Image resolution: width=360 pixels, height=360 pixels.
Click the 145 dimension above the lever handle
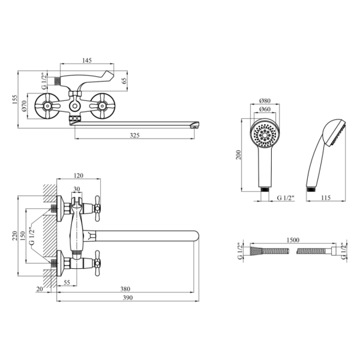tap(87, 61)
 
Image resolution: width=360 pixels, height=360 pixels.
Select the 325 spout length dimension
tap(135, 135)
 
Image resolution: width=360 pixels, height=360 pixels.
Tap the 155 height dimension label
tap(14, 100)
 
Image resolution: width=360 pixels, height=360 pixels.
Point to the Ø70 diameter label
tap(25, 106)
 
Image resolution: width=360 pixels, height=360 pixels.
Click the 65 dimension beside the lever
tap(124, 81)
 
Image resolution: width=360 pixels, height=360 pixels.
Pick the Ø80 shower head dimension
tap(265, 101)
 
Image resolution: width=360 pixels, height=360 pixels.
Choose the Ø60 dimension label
tap(265, 109)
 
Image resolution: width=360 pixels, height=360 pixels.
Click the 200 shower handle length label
tap(239, 155)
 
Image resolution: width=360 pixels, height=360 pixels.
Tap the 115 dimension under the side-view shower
tap(326, 197)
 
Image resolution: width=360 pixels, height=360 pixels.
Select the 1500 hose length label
tap(293, 240)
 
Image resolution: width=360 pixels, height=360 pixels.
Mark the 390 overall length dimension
tap(128, 298)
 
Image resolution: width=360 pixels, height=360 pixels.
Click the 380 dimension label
tap(125, 289)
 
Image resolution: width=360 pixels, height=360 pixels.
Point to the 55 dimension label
tap(67, 283)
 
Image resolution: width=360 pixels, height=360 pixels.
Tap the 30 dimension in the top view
tap(77, 189)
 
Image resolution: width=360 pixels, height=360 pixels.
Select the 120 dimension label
tap(78, 175)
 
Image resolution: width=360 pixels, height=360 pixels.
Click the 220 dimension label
tap(14, 236)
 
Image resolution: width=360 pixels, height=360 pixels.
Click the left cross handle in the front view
tap(47, 106)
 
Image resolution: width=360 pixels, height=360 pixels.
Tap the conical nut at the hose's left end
tap(256, 251)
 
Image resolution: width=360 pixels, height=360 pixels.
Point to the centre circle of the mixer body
tap(74, 106)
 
